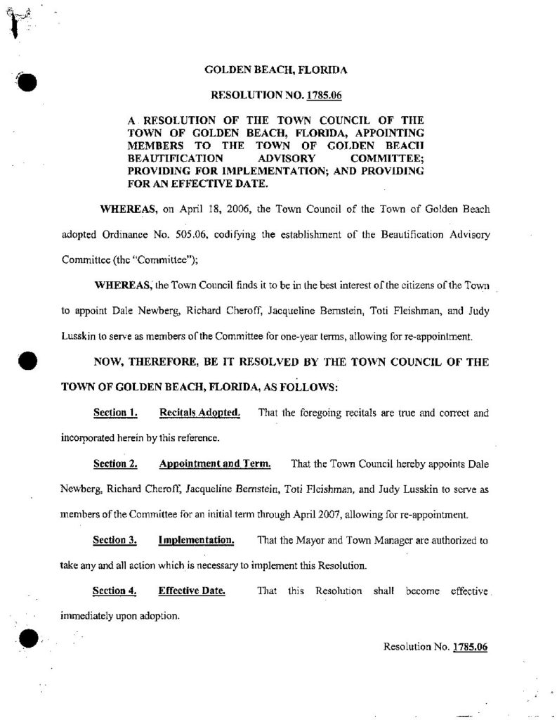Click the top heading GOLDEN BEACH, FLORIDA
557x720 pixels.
[275, 70]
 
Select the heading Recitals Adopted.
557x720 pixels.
[199, 413]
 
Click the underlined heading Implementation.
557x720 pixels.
[196, 540]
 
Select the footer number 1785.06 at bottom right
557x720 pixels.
[470, 646]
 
